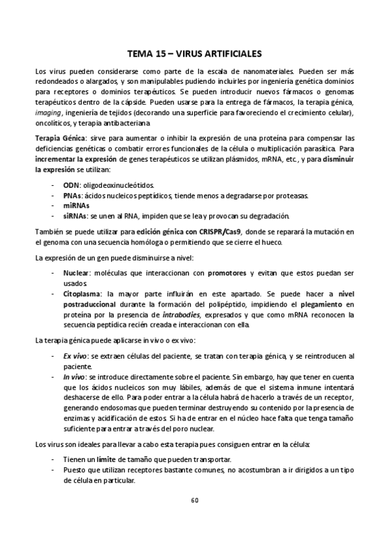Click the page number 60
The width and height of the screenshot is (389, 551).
194,500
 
